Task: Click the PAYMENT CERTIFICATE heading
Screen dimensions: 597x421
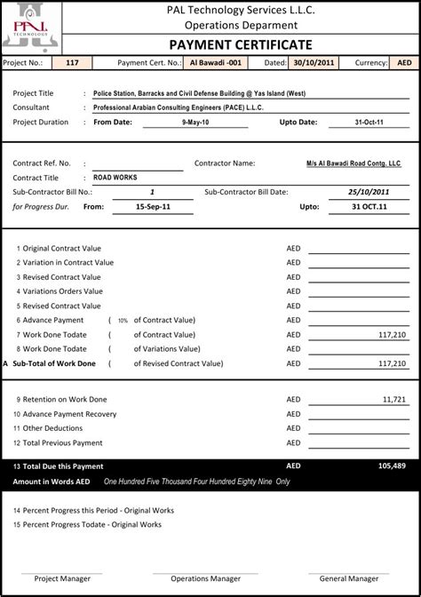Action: [241, 45]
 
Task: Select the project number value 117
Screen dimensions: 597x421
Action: [73, 63]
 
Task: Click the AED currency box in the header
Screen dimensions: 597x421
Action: [403, 63]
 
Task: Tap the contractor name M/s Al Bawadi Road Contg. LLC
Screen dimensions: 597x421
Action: [353, 163]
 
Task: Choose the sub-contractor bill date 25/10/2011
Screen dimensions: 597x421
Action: [368, 192]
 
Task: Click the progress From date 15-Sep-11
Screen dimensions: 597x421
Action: [153, 206]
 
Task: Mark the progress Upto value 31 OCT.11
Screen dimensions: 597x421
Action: [368, 206]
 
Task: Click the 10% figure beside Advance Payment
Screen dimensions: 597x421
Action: [123, 321]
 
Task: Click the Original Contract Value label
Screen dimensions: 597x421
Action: [61, 249]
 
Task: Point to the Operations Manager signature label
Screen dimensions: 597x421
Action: [205, 578]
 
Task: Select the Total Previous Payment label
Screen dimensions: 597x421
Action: [62, 442]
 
